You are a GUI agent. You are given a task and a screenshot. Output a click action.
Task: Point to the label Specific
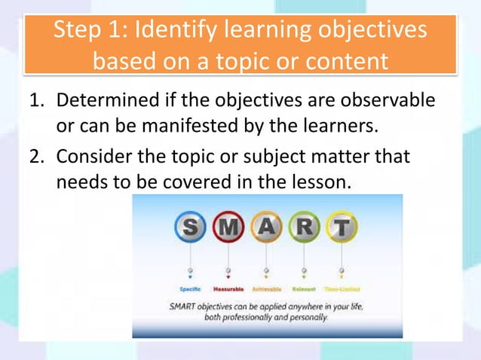190,289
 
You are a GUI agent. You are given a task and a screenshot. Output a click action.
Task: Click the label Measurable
228,289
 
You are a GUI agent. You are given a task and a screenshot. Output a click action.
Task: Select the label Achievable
265,289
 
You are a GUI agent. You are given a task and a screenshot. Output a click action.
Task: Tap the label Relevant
303,289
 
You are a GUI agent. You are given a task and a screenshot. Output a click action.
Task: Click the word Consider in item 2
93,159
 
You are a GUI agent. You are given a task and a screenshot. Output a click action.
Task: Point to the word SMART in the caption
185,307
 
